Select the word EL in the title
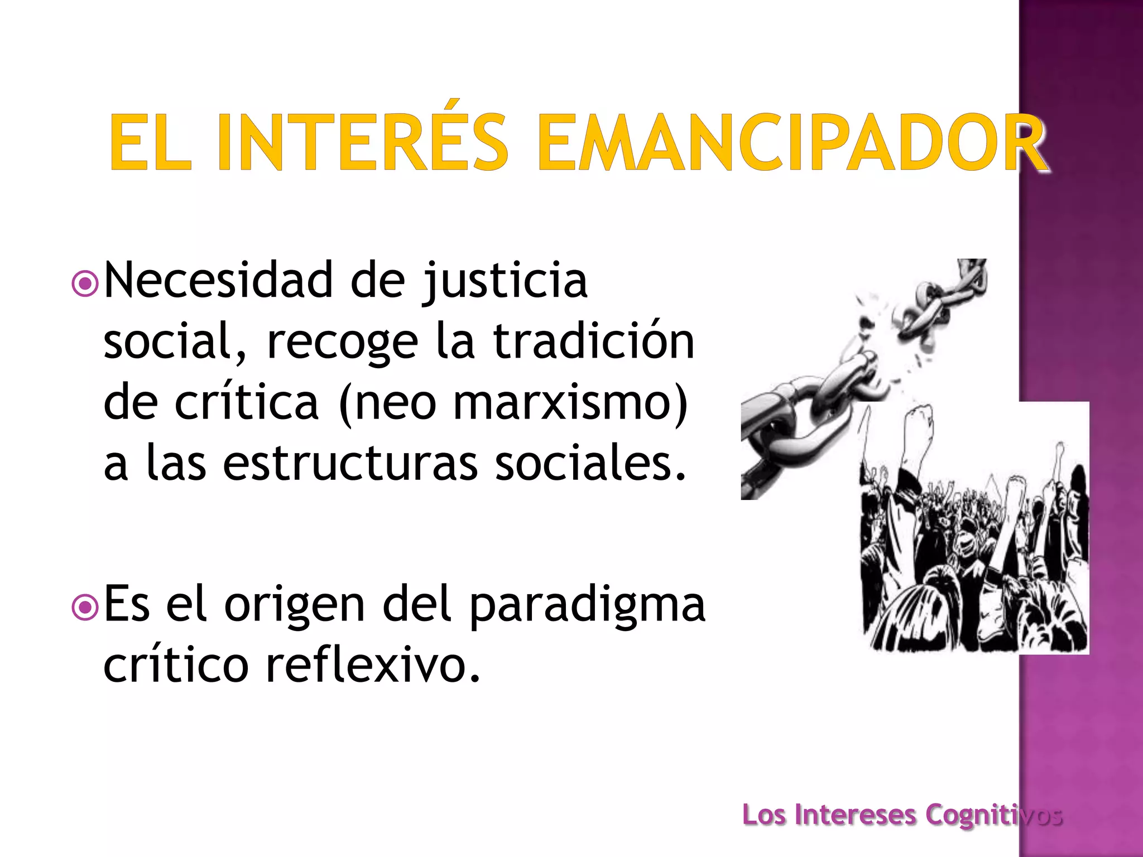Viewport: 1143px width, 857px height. coord(150,142)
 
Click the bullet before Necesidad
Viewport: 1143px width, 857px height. coord(85,284)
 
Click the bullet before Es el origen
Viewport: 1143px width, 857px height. coord(85,608)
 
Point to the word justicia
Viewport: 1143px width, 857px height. coord(505,281)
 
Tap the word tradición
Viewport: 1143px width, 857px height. coord(594,341)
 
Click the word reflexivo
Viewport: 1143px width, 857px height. coord(373,665)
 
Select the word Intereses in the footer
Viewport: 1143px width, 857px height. coord(855,815)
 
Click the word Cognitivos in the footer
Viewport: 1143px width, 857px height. coord(993,815)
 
